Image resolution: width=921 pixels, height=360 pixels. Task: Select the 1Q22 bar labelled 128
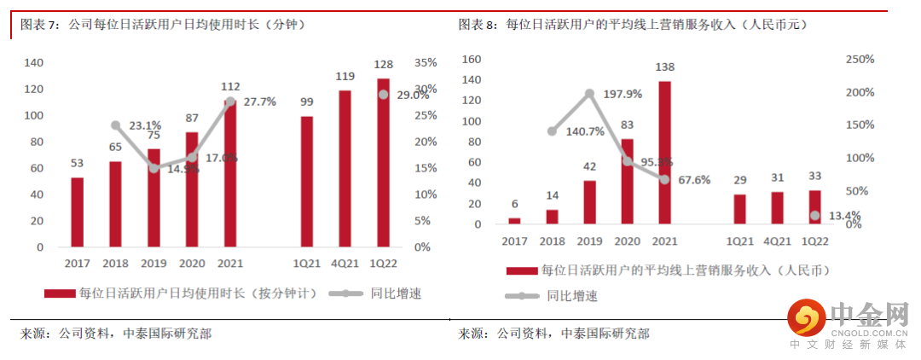pyautogui.click(x=383, y=163)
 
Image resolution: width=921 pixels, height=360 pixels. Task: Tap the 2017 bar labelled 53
pyautogui.click(x=77, y=212)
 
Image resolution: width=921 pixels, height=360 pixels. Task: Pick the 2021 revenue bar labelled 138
pyautogui.click(x=664, y=153)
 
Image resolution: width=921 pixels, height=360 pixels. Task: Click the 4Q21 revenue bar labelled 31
pyautogui.click(x=777, y=208)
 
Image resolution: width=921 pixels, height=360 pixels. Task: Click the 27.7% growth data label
pyautogui.click(x=259, y=102)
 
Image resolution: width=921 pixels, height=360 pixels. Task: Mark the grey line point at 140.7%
pyautogui.click(x=552, y=131)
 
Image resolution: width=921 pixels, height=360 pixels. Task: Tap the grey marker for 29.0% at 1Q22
pyautogui.click(x=383, y=94)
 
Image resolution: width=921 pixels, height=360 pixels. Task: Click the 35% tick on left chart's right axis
pyautogui.click(x=425, y=63)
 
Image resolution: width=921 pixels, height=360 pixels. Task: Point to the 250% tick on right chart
pyautogui.click(x=859, y=60)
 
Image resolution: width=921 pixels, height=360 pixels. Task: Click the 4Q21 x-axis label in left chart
pyautogui.click(x=345, y=263)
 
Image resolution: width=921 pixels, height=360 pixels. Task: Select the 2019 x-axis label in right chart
pyautogui.click(x=589, y=241)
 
